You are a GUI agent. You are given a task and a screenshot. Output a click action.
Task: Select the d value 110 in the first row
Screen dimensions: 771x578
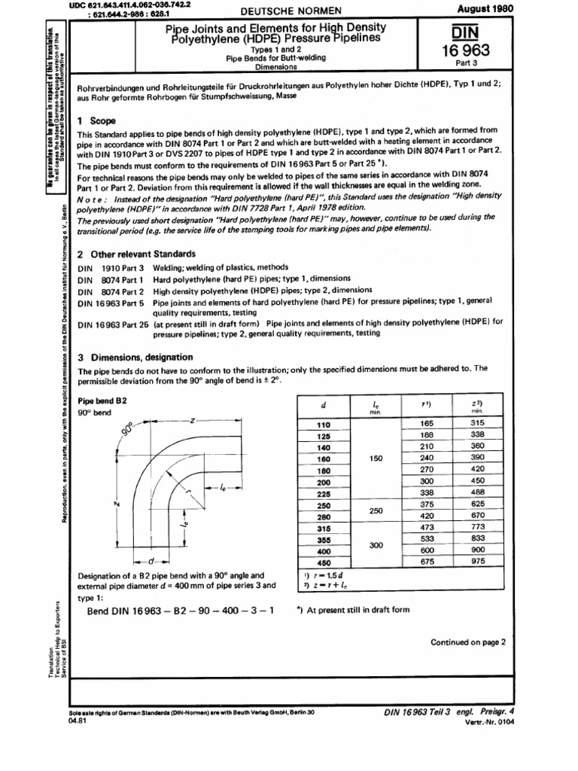324,425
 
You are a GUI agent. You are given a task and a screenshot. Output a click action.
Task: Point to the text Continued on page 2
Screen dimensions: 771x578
469,642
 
